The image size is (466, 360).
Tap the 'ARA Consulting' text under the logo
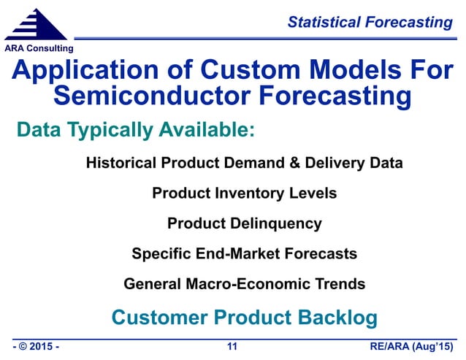[x=39, y=48]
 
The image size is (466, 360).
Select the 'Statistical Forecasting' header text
[x=370, y=23]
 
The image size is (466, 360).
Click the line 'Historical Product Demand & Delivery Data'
[x=244, y=163]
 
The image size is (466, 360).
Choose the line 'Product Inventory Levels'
[x=244, y=194]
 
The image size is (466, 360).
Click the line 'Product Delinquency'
[x=244, y=223]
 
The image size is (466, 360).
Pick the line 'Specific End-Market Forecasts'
[x=244, y=254]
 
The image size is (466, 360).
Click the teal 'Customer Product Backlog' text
[x=244, y=318]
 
